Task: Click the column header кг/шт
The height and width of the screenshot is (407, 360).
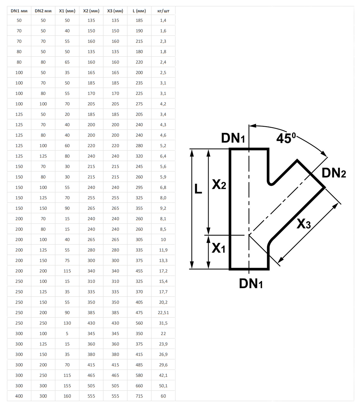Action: [x=163, y=11]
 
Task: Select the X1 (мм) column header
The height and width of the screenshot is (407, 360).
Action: [x=67, y=11]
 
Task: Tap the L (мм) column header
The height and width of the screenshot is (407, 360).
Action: [x=139, y=11]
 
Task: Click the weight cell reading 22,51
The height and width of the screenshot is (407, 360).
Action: [x=163, y=313]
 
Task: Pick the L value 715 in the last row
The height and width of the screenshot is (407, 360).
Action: [x=139, y=396]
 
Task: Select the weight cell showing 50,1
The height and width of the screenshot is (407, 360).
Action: [x=163, y=386]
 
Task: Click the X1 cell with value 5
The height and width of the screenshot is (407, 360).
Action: [x=67, y=333]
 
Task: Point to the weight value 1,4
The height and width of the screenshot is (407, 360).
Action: [x=163, y=20]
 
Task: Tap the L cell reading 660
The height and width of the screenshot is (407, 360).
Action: [x=139, y=386]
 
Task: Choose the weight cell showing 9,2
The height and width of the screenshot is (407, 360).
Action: [x=163, y=208]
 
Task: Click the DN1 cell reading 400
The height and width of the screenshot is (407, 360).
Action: [x=19, y=396]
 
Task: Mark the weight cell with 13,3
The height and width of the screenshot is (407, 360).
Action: [x=163, y=260]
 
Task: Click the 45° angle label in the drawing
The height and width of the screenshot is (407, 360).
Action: [x=286, y=138]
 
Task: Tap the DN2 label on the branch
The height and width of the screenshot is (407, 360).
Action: [x=334, y=173]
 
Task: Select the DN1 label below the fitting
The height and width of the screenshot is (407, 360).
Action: [x=251, y=284]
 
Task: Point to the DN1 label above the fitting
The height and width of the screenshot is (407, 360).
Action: [x=233, y=138]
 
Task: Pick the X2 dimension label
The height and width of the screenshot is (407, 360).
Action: [x=219, y=184]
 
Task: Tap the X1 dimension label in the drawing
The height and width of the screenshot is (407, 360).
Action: [x=219, y=248]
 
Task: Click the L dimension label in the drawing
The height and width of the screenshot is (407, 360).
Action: [x=198, y=189]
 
